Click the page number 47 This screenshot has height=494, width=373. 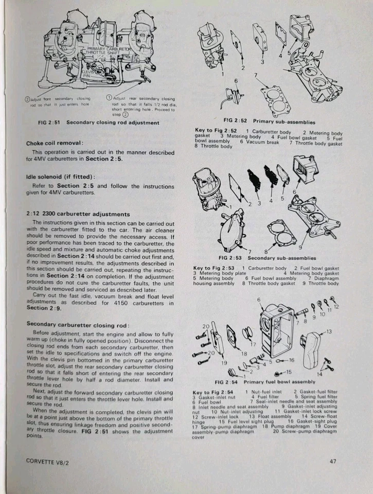coord(333,461)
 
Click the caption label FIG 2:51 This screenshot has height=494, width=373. coord(50,122)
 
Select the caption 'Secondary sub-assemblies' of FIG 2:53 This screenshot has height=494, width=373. coord(281,258)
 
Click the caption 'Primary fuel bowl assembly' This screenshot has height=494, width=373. coord(280,383)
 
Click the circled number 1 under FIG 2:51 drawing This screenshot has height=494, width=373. coord(109,98)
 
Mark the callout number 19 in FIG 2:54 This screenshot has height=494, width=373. coord(224,362)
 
